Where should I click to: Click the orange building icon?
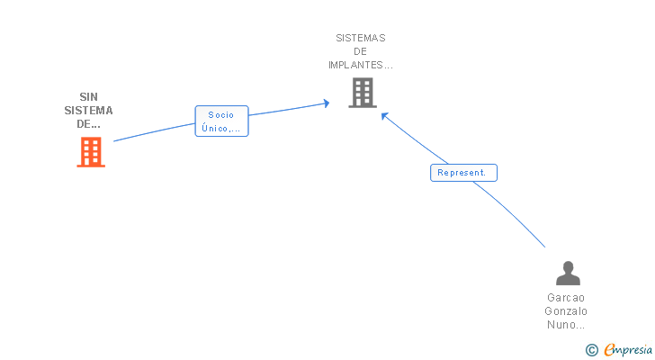tap(91, 152)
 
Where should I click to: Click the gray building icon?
tap(363, 93)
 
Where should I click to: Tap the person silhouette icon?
tap(568, 273)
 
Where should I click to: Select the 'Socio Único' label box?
tap(222, 121)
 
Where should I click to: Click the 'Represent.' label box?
tap(463, 173)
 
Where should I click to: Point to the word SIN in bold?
tap(88, 97)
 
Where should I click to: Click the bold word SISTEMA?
tap(88, 111)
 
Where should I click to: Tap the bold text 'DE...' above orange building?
tap(88, 124)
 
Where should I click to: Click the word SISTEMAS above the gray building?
tap(361, 38)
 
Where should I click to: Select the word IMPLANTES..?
tap(356, 65)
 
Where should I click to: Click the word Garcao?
tap(566, 298)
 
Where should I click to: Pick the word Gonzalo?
tap(566, 311)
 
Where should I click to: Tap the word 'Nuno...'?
tap(566, 325)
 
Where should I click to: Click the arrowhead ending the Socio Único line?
tap(327, 103)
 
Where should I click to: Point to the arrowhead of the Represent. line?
tap(384, 116)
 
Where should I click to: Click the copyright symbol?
tap(591, 350)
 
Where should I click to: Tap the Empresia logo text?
tap(628, 350)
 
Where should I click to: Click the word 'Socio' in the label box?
tap(221, 115)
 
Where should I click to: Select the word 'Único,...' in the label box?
tap(221, 128)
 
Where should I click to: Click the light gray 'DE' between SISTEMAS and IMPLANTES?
tap(360, 52)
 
